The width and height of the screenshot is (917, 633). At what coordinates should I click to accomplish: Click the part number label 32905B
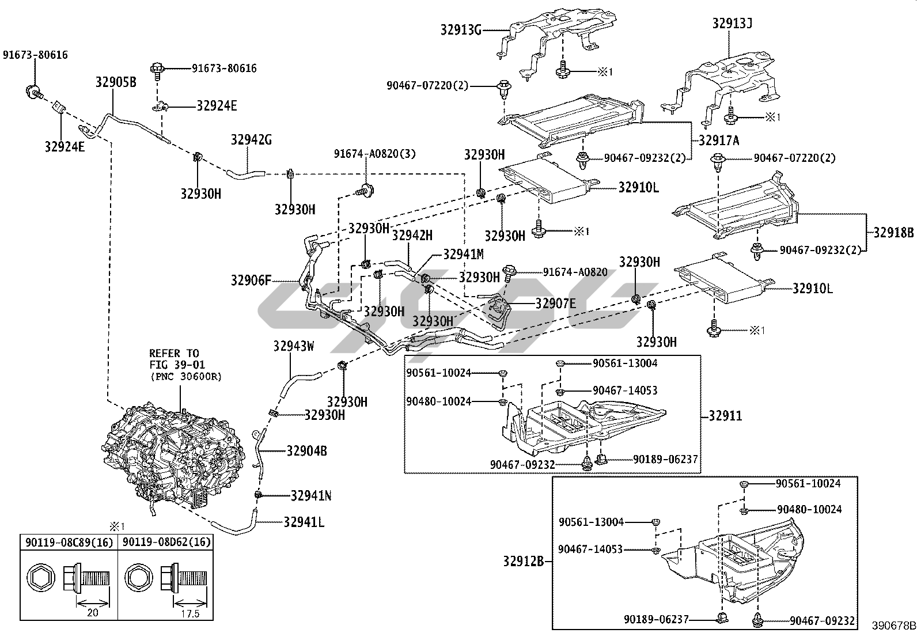pyautogui.click(x=116, y=82)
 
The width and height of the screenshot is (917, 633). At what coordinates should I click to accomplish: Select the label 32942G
pyautogui.click(x=251, y=140)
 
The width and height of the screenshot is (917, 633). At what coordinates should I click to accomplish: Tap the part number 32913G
pyautogui.click(x=461, y=29)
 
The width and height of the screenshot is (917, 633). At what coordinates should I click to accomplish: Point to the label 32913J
pyautogui.click(x=732, y=24)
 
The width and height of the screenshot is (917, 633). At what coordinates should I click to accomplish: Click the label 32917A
pyautogui.click(x=719, y=139)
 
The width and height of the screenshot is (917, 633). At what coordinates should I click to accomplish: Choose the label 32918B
pyautogui.click(x=893, y=233)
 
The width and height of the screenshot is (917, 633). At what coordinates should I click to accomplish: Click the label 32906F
pyautogui.click(x=251, y=281)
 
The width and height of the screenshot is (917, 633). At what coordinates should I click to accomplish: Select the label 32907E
pyautogui.click(x=555, y=303)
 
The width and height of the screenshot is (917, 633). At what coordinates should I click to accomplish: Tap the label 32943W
pyautogui.click(x=294, y=346)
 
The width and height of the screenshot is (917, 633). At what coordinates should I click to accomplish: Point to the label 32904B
pyautogui.click(x=306, y=451)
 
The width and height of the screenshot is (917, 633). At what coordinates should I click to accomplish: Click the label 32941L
pyautogui.click(x=304, y=522)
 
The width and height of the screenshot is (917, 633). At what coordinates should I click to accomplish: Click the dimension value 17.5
pyautogui.click(x=188, y=613)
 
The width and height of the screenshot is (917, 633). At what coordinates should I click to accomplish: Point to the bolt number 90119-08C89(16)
pyautogui.click(x=69, y=542)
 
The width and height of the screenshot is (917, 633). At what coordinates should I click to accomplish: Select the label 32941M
pyautogui.click(x=463, y=254)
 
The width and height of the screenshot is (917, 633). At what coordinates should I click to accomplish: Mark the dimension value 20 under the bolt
pyautogui.click(x=92, y=613)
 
